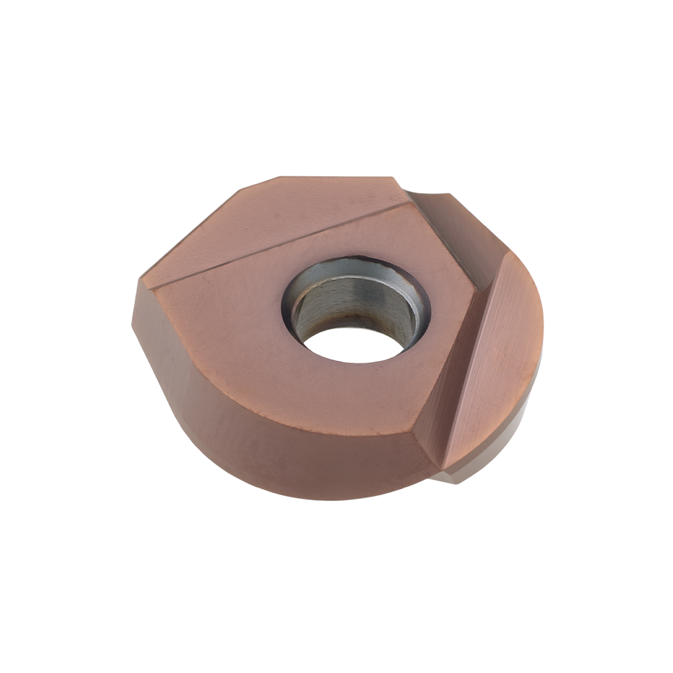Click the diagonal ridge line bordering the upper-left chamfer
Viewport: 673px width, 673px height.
tap(283, 243)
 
